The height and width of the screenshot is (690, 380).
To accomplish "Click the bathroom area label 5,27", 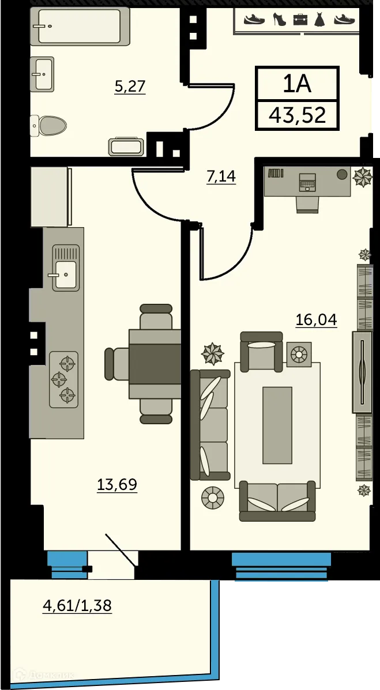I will click(x=130, y=86).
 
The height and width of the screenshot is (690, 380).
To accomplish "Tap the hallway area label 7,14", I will click(x=221, y=176).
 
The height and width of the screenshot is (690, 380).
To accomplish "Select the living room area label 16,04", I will click(x=316, y=319).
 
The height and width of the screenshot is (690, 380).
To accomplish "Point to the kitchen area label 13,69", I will click(x=117, y=484).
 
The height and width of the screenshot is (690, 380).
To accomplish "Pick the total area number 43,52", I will click(x=298, y=115).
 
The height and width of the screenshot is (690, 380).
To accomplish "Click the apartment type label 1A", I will click(x=297, y=84).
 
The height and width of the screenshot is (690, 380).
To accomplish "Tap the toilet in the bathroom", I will click(x=50, y=125).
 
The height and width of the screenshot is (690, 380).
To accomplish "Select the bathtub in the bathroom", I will click(x=79, y=26).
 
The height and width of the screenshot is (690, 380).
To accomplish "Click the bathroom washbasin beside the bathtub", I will click(x=43, y=74).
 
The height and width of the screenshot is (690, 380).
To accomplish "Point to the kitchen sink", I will click(x=65, y=268).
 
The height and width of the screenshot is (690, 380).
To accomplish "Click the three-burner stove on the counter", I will click(x=63, y=379).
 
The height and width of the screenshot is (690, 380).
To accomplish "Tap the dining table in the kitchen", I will click(x=155, y=363).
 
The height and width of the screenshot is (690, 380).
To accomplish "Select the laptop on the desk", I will click(x=307, y=182).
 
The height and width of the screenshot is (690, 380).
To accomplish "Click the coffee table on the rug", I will click(x=277, y=424).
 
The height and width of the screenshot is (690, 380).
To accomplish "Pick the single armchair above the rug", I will click(x=261, y=352).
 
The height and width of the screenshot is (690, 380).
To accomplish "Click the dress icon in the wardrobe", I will click(x=320, y=20).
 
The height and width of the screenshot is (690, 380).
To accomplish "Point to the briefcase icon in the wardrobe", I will click(x=300, y=20).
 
